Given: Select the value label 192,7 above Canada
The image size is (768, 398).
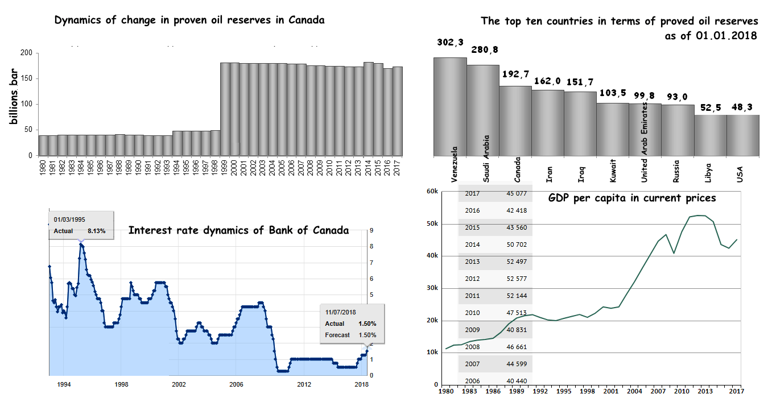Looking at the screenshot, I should [516, 74].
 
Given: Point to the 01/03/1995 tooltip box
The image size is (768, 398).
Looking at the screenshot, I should [81, 226].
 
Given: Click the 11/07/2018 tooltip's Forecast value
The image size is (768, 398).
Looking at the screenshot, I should [367, 335].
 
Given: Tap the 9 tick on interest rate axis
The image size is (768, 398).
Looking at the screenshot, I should [371, 231].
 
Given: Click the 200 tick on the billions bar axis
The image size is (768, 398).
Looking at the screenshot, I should [26, 53].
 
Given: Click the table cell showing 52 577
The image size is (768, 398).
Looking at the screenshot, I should [516, 279].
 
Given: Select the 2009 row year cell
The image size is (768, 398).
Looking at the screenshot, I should [472, 330].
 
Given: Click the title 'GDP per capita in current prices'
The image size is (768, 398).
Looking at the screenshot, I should [632, 198].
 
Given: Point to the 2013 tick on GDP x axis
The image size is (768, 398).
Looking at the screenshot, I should [705, 391].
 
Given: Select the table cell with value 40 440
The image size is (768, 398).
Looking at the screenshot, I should [516, 381].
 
